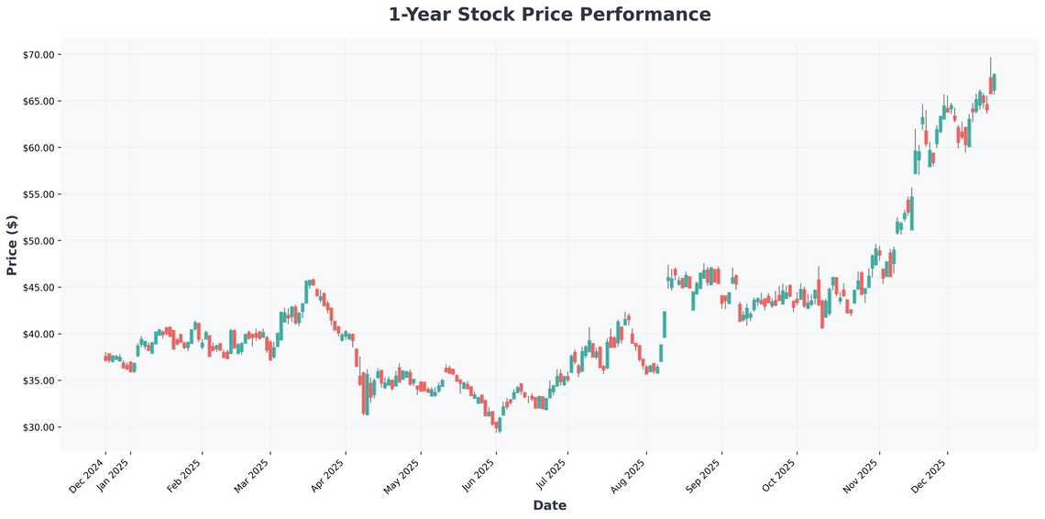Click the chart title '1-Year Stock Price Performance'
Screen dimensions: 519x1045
click(x=549, y=15)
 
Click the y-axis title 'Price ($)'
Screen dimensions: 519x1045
click(x=12, y=246)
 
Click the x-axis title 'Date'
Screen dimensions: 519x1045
click(x=549, y=505)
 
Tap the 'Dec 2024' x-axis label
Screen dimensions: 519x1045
click(x=88, y=475)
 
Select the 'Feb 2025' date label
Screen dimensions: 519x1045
click(x=184, y=475)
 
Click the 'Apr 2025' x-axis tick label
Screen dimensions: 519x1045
click(x=328, y=475)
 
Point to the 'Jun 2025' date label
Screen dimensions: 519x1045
click(x=478, y=475)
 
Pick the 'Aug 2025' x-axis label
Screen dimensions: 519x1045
click(x=629, y=475)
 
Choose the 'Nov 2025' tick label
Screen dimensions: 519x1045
click(x=862, y=475)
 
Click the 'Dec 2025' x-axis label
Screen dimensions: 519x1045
click(x=929, y=475)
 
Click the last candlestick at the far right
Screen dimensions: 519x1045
click(x=994, y=83)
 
